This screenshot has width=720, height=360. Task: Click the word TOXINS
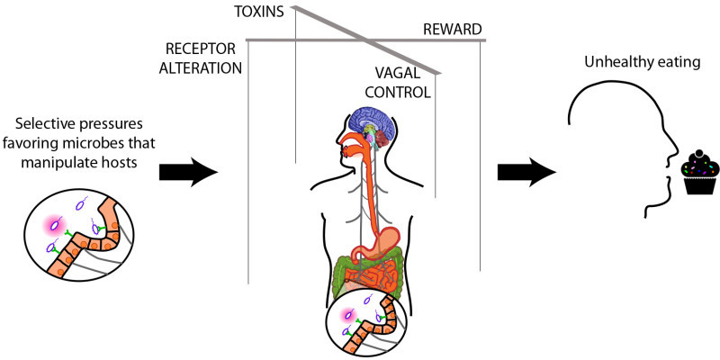pyautogui.click(x=259, y=13)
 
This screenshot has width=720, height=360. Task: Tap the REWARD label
pyautogui.click(x=453, y=31)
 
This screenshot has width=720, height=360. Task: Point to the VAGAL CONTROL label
pyautogui.click(x=400, y=84)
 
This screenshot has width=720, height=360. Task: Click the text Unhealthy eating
pyautogui.click(x=642, y=63)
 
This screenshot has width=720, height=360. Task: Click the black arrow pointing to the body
pyautogui.click(x=188, y=173)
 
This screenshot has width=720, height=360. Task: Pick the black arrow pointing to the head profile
pyautogui.click(x=526, y=173)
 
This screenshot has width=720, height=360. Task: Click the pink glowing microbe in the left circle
pyautogui.click(x=55, y=224)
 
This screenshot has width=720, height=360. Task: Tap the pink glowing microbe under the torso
pyautogui.click(x=349, y=316)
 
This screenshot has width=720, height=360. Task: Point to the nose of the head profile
pyautogui.click(x=676, y=152)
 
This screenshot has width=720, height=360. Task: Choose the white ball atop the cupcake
pyautogui.click(x=698, y=154)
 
